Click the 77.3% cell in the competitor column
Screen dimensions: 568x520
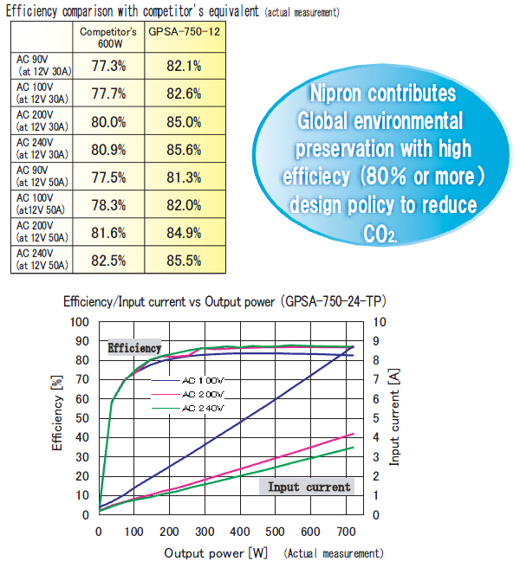[108, 66]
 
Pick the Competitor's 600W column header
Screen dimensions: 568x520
[108, 36]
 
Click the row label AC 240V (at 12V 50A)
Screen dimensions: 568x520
[41, 261]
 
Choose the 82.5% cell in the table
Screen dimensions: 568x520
[108, 261]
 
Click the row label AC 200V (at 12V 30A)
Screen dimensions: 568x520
[41, 121]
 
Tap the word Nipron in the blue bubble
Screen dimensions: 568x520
[341, 94]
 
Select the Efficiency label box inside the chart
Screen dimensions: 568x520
[134, 348]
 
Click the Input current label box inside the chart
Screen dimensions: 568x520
[309, 487]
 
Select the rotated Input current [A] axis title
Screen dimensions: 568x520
[394, 416]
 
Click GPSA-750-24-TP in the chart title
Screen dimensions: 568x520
[339, 301]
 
